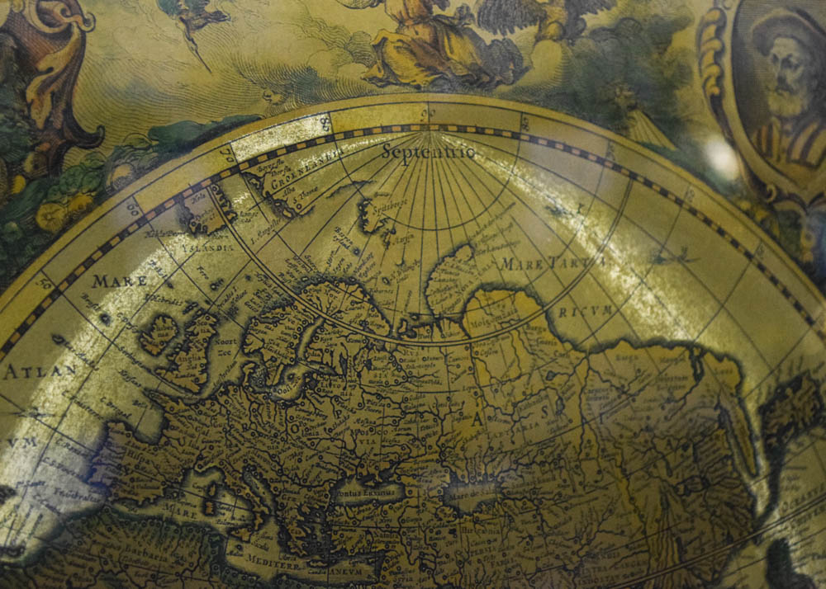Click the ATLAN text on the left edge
point(33,371)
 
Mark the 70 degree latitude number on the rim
point(224,154)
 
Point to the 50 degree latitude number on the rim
point(43,283)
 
